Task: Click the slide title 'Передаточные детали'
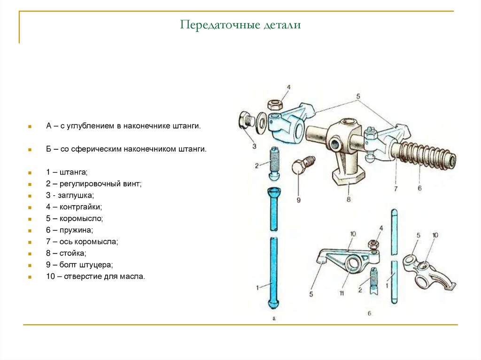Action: [240, 25]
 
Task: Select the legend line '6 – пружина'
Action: [70, 230]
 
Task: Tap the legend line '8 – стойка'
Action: [66, 253]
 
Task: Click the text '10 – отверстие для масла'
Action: [95, 276]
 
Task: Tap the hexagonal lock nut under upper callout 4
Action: [274, 104]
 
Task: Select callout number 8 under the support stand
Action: [349, 199]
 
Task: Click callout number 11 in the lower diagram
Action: [341, 293]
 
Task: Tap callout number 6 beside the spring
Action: [419, 188]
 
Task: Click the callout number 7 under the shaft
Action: [396, 189]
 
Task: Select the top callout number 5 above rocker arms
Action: [358, 97]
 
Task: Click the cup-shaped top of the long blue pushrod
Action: [274, 192]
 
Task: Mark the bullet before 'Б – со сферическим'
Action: [29, 149]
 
